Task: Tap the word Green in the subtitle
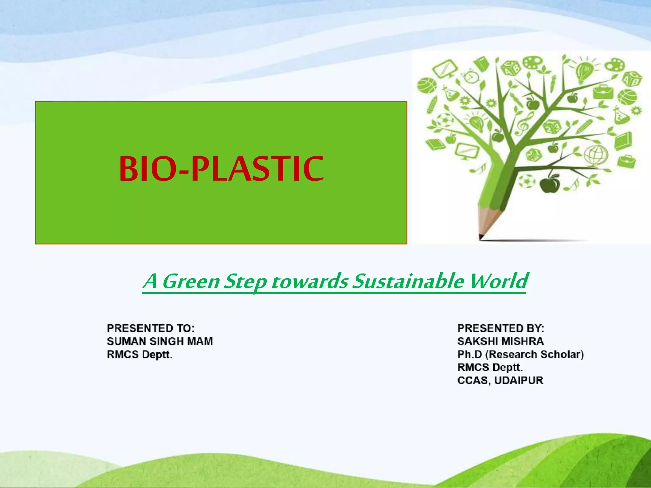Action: tap(191, 281)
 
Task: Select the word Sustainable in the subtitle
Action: tap(408, 281)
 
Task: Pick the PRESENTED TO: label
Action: tap(150, 328)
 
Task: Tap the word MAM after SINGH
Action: tap(200, 341)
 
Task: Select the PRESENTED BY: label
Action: tap(501, 328)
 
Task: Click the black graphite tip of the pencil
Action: tap(481, 237)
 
